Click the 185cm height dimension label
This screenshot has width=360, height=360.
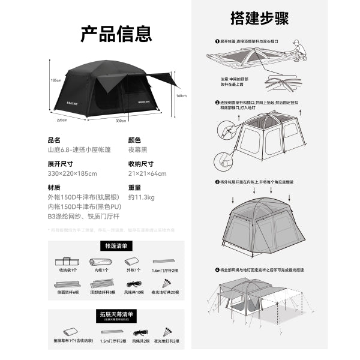(56, 80)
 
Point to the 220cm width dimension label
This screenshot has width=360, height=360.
(62, 120)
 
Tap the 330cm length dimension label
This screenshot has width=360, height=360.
(121, 121)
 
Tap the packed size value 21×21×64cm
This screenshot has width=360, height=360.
(147, 174)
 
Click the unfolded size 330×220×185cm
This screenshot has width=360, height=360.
(72, 174)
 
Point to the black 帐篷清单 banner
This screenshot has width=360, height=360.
(116, 245)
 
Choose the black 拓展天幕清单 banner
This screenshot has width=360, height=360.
(116, 313)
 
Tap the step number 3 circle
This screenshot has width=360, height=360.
(217, 182)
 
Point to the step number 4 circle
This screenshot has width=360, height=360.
(217, 269)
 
